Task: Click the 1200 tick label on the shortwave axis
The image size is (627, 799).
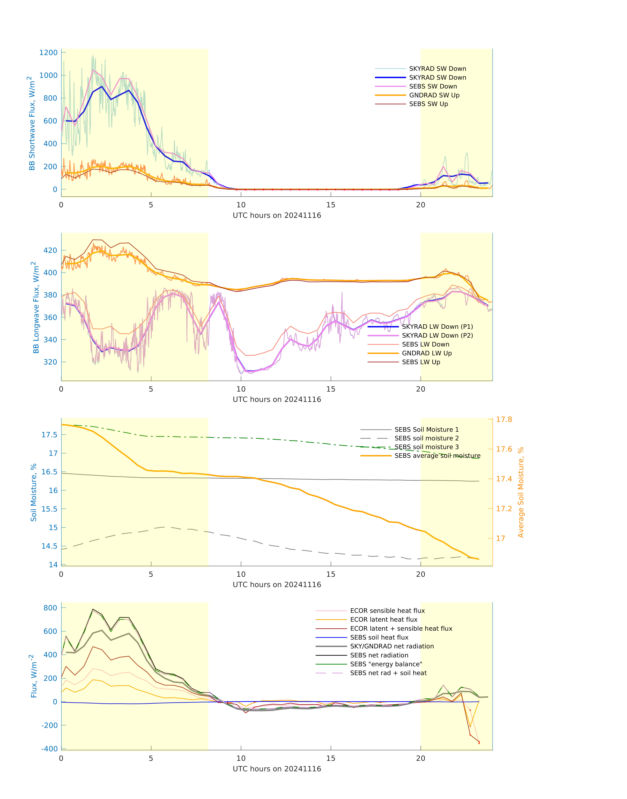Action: [x=49, y=52]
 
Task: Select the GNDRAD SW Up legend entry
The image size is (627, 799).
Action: [x=434, y=95]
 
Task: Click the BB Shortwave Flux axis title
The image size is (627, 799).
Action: [x=32, y=123]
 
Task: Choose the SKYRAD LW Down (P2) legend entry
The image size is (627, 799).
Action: [x=437, y=335]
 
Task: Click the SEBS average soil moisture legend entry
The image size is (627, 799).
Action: [x=437, y=455]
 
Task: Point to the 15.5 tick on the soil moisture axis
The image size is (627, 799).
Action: [x=49, y=509]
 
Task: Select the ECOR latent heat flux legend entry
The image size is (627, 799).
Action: [x=384, y=620]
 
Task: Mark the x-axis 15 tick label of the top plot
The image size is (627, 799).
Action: [x=331, y=205]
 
